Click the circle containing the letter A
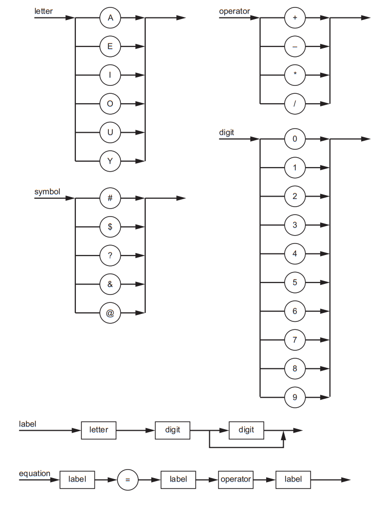(110, 18)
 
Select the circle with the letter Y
(110, 161)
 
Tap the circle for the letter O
(110, 104)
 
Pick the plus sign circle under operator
(295, 18)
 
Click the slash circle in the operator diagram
(295, 104)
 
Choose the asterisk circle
(295, 75)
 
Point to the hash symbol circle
(110, 198)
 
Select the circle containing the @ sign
(110, 313)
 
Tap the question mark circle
(110, 256)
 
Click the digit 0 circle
(295, 139)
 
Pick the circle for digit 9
(295, 397)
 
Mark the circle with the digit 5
(295, 282)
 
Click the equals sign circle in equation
(127, 480)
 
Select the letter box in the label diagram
(98, 430)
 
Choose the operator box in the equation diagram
(236, 480)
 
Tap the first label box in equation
(77, 480)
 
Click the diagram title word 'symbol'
(47, 192)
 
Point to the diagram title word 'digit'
(227, 133)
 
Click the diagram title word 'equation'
(34, 473)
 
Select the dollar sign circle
(110, 227)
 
